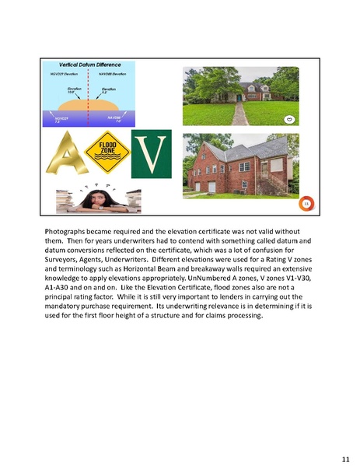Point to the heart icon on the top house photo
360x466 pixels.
pos(289,119)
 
